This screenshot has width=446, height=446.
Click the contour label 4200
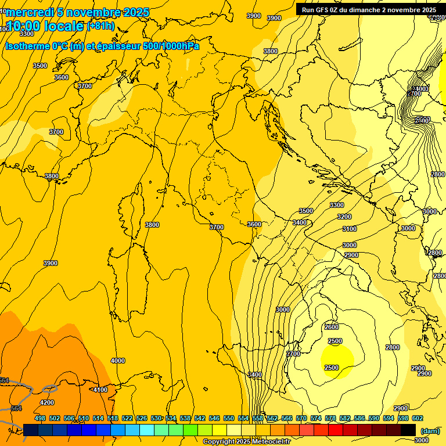point(46,402)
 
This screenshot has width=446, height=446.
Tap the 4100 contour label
point(100,390)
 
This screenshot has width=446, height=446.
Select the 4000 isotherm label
point(117,361)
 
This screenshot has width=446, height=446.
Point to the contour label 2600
point(331,327)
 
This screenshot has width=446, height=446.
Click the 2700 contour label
point(293,354)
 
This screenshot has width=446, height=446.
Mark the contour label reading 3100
point(349,229)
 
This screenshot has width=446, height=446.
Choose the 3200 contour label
point(344,217)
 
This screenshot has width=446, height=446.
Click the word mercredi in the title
point(30,13)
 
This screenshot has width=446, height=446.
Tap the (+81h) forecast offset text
point(100,26)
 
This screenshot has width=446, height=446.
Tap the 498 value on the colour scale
point(40,418)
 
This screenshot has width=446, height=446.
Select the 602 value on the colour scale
point(418,418)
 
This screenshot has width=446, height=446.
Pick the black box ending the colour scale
point(408,430)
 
